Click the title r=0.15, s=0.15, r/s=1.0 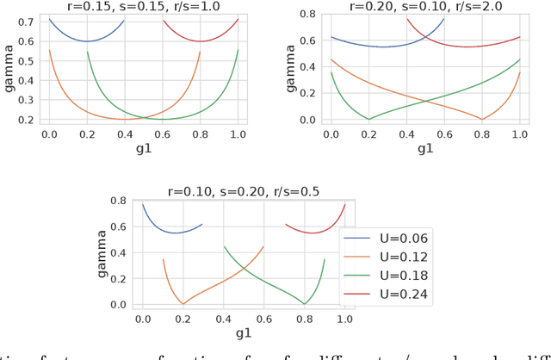click(x=143, y=6)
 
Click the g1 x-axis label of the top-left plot click(x=143, y=148)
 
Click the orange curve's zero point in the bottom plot click(x=183, y=303)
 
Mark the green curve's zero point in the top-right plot click(x=369, y=119)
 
